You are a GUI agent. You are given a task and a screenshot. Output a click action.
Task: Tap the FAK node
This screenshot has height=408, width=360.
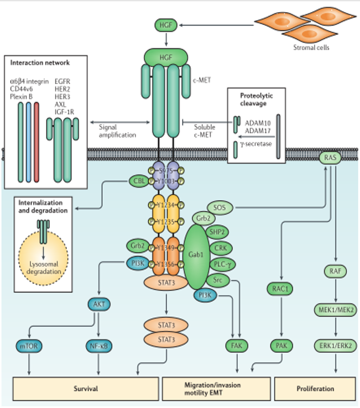(x=234, y=346)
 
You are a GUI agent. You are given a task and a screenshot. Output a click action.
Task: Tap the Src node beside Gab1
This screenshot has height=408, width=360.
(x=217, y=280)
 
